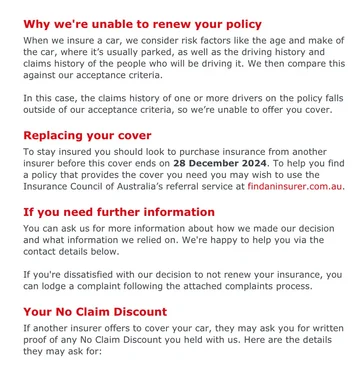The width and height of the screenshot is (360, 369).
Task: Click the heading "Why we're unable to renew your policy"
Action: coord(142,23)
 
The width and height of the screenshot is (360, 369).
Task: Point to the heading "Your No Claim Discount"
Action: coord(95,312)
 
